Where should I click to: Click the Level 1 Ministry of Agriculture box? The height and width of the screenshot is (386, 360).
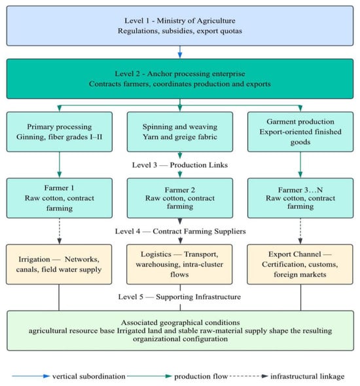click(180, 26)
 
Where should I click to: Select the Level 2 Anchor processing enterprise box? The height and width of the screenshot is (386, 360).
click(180, 79)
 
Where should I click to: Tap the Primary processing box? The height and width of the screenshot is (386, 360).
click(60, 132)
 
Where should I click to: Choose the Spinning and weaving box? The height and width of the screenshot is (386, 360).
click(180, 132)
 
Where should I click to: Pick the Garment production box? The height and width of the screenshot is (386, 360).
click(300, 132)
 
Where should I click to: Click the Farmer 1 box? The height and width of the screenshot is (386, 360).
click(60, 198)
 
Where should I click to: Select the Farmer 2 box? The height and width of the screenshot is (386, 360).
click(180, 198)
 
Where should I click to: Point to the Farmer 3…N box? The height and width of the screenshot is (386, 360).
click(300, 198)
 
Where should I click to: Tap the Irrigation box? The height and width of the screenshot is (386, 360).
click(59, 264)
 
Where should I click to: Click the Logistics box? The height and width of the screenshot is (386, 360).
click(179, 264)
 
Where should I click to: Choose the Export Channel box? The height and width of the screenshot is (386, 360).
click(300, 264)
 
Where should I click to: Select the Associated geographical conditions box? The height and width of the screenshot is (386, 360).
click(181, 330)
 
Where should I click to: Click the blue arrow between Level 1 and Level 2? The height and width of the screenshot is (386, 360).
click(180, 52)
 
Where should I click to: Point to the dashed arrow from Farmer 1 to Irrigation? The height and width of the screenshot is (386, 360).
click(60, 231)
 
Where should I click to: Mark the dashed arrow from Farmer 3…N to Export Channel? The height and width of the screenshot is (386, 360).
click(300, 231)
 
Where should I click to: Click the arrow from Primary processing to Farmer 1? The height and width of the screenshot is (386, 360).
click(60, 164)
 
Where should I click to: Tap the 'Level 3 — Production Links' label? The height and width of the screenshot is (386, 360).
click(180, 165)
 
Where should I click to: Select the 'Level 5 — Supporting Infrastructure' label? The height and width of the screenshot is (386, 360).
click(179, 297)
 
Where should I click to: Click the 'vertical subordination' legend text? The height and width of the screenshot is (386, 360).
click(89, 376)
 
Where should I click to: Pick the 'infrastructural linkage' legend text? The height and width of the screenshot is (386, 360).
click(308, 376)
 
